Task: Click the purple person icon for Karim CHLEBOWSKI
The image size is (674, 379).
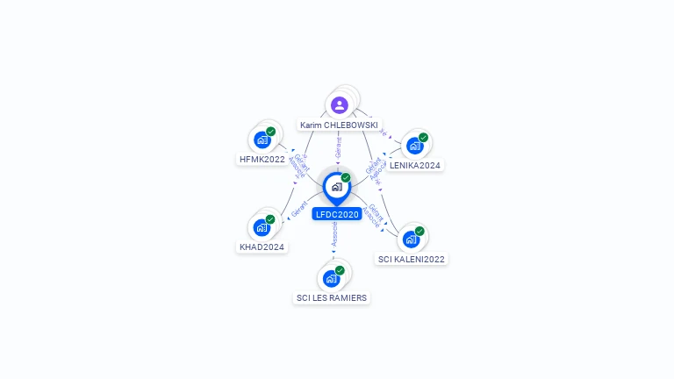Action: coord(340,105)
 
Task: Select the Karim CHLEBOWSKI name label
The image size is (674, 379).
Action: coord(339,125)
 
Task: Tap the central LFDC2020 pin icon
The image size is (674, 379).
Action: coord(335,187)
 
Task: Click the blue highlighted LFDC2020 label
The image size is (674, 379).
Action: coord(337,214)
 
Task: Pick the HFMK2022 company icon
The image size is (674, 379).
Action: coord(262,139)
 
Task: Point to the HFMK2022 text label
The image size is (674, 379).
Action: coord(262,160)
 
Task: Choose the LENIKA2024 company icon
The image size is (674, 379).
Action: coord(414,145)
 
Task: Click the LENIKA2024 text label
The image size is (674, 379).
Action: coord(415,165)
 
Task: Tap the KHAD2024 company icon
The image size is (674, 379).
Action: coord(262,227)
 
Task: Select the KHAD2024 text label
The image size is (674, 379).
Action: coord(262,247)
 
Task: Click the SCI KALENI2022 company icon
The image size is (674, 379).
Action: coord(411,239)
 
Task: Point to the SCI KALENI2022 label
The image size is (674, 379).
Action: coord(412,260)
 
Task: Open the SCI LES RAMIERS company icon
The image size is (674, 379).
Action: coord(331,278)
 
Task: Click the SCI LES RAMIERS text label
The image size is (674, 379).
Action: coord(332,298)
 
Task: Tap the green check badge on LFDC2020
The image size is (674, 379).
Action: coord(346,178)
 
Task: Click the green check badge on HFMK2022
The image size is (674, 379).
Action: coord(270,132)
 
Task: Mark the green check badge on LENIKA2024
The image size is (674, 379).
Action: coord(423,138)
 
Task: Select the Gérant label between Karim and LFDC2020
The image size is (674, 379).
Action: coord(338,148)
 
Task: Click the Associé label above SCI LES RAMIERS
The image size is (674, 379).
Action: coord(333,233)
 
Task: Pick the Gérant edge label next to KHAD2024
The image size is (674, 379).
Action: coord(298,210)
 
